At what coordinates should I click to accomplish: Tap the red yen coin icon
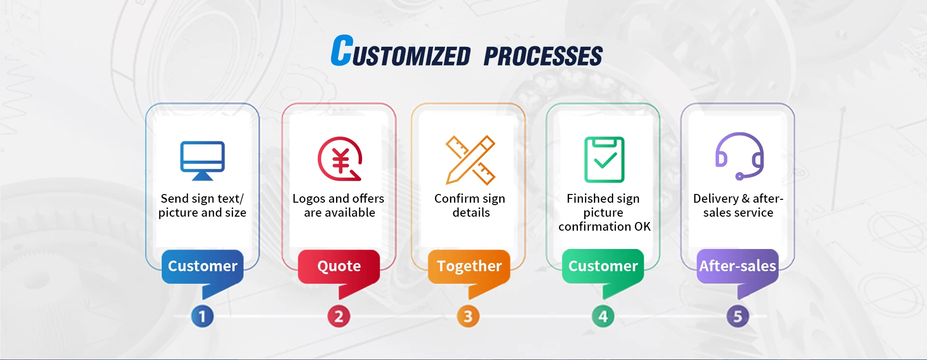pyautogui.click(x=339, y=159)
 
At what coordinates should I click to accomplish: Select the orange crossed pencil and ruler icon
pyautogui.click(x=470, y=160)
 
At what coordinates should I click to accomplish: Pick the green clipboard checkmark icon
pyautogui.click(x=604, y=160)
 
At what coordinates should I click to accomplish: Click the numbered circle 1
pyautogui.click(x=202, y=317)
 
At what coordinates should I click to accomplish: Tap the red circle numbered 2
pyautogui.click(x=339, y=317)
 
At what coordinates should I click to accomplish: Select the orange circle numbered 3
pyautogui.click(x=468, y=317)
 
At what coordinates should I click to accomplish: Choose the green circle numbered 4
pyautogui.click(x=603, y=317)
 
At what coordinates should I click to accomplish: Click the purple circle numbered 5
pyautogui.click(x=738, y=317)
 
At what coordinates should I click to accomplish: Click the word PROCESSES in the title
pyautogui.click(x=543, y=56)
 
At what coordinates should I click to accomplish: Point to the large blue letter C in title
pyautogui.click(x=342, y=50)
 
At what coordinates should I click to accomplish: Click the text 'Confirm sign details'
pyautogui.click(x=470, y=206)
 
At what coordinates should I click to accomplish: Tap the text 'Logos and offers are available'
pyautogui.click(x=339, y=206)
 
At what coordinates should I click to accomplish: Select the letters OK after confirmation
pyautogui.click(x=643, y=226)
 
